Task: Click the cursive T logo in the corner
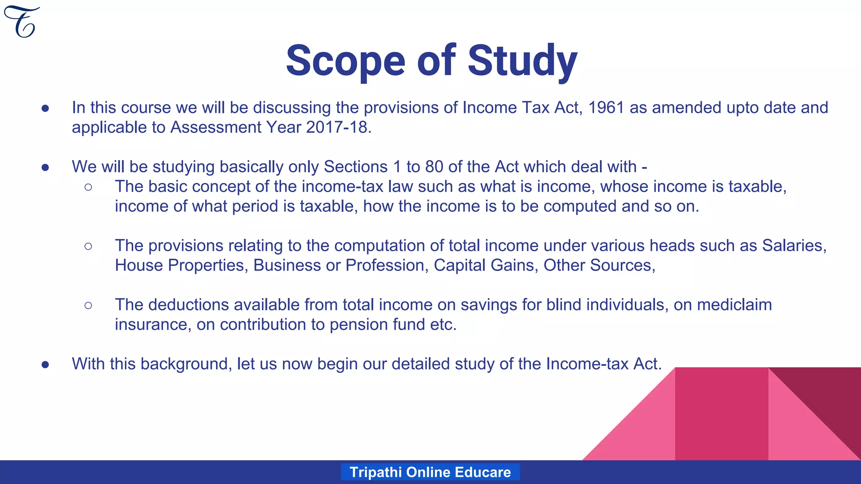tap(21, 22)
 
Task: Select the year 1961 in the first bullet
tap(606, 108)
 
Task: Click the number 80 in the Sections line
tap(434, 167)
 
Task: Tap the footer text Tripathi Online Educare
tap(430, 472)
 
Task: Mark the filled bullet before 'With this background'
tap(45, 364)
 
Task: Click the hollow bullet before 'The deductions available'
tap(88, 305)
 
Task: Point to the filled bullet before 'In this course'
tap(45, 108)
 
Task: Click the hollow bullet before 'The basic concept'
tap(88, 187)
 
